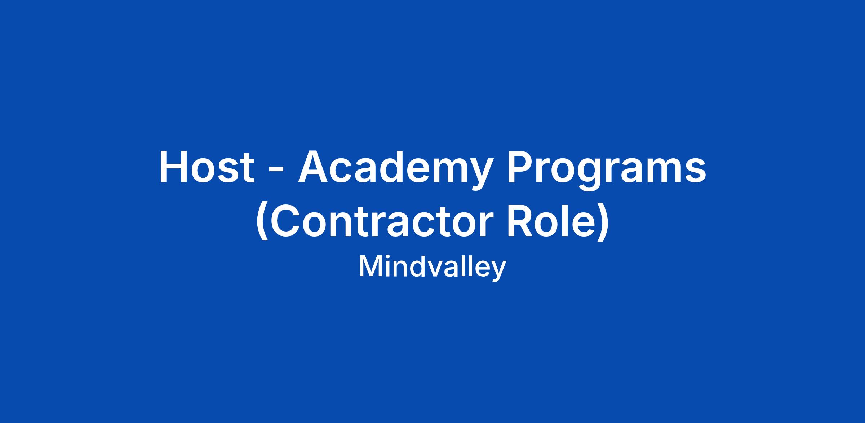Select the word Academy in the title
[395, 170]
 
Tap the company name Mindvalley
[432, 268]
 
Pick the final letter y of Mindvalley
[499, 272]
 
